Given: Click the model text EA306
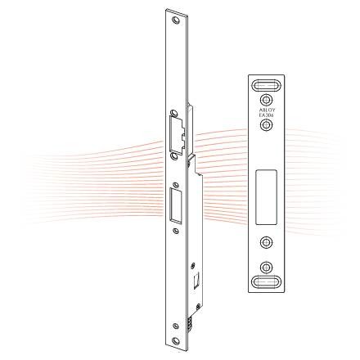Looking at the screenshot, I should click(x=266, y=116).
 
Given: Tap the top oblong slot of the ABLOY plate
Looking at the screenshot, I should click(x=266, y=84).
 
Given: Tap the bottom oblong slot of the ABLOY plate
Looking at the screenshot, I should click(x=266, y=283).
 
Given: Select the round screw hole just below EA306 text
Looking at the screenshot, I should click(x=266, y=126).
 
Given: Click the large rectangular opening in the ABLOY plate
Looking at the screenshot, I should click(x=266, y=197).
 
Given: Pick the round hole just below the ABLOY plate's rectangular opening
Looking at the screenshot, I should click(x=266, y=243).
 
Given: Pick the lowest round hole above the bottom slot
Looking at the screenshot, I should click(x=266, y=267).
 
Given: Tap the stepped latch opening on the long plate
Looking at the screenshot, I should click(x=177, y=130).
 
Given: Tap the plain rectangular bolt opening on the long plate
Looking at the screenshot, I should click(x=175, y=205).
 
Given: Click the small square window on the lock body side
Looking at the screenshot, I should click(x=196, y=281).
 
